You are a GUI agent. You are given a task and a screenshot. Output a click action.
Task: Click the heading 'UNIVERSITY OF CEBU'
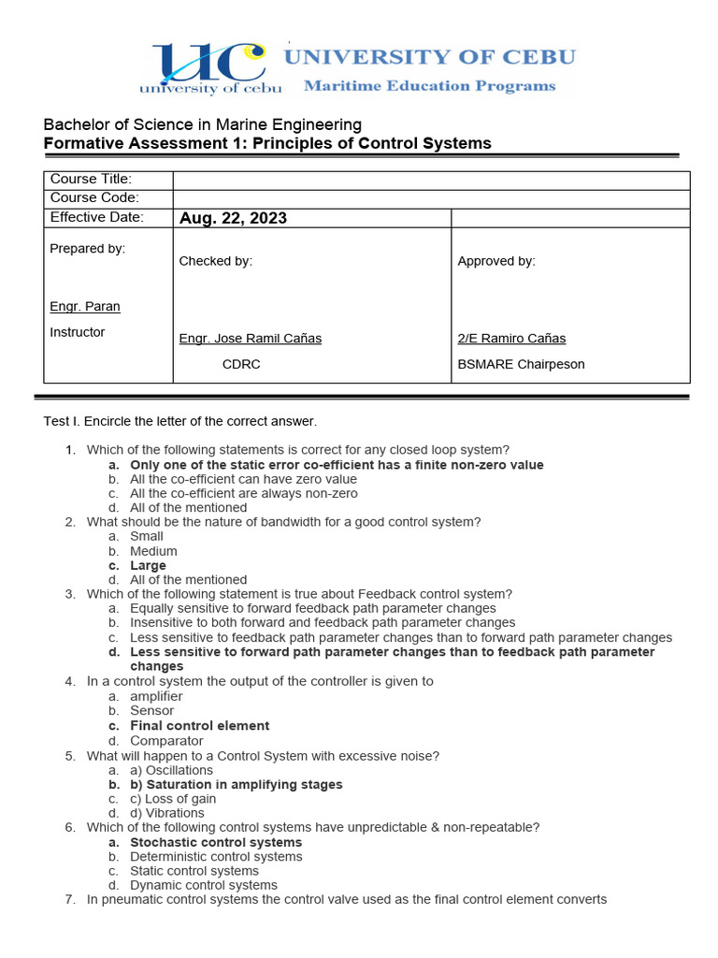point(430,56)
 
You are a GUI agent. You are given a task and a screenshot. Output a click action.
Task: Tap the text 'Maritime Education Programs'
point(429,86)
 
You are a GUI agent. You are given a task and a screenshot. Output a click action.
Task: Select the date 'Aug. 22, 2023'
point(233,218)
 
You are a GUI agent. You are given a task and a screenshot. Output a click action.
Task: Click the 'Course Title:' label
point(91,179)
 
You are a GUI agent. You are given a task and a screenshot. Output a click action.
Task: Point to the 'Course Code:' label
point(93,197)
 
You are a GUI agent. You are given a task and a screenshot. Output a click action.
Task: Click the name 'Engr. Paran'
point(84,307)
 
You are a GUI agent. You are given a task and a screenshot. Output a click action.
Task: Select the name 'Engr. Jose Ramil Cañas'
point(250,339)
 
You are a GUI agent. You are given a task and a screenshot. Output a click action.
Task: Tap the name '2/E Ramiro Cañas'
point(511,339)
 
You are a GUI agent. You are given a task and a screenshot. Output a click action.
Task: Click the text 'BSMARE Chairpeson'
point(521,364)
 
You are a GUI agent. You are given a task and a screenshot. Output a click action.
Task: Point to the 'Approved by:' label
point(496,261)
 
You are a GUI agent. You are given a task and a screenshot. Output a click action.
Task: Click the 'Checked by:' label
point(215,261)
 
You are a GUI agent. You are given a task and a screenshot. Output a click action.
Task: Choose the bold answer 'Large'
point(148,566)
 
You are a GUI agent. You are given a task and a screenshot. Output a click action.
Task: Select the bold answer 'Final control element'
point(199,726)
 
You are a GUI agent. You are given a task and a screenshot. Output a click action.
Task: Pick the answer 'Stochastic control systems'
point(216,843)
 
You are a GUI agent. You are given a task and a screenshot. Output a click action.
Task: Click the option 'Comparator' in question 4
point(166,741)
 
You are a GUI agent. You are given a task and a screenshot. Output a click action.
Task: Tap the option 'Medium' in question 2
point(153,551)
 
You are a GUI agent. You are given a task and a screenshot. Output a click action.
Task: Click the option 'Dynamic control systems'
point(204,885)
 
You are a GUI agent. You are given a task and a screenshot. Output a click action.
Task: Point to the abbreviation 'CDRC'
point(240,364)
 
